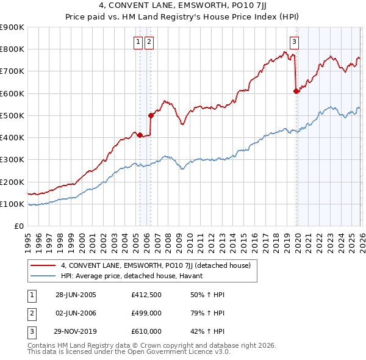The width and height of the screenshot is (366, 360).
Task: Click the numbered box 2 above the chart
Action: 149,41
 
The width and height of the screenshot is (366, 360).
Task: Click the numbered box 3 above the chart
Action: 294,41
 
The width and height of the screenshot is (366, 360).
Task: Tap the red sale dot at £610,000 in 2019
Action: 296,91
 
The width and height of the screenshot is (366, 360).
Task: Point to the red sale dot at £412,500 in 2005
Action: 140,135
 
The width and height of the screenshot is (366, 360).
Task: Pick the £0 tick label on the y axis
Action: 18,226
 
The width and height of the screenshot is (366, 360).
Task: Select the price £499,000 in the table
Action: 146,313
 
